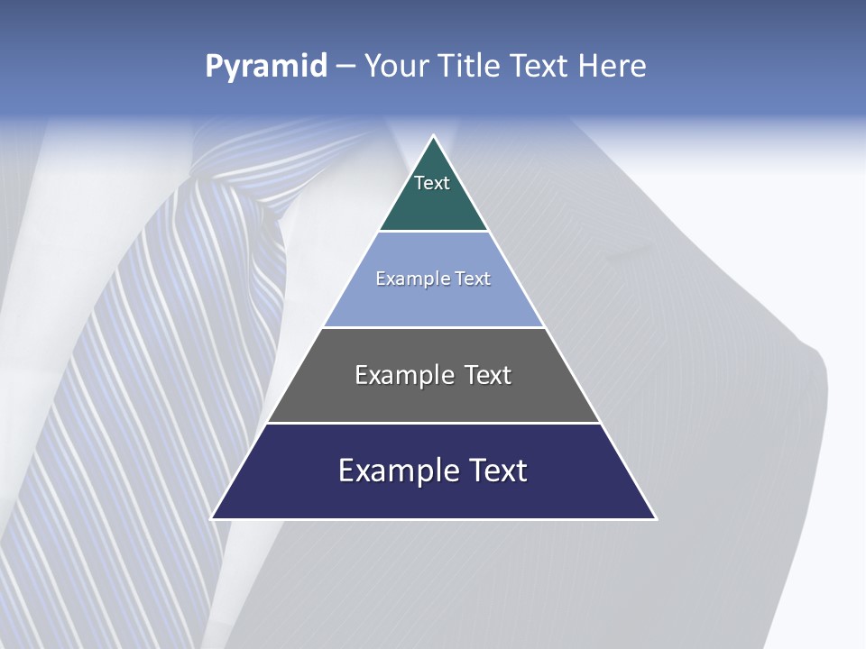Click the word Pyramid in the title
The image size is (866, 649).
click(x=266, y=66)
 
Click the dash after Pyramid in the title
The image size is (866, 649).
click(x=345, y=66)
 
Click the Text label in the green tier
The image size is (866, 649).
click(x=432, y=183)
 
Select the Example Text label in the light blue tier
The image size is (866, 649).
click(x=433, y=279)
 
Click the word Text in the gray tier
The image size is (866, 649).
click(x=487, y=375)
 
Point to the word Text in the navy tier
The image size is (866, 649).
click(x=495, y=471)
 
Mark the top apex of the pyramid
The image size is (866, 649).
click(x=434, y=136)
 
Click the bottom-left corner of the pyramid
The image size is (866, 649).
click(x=212, y=518)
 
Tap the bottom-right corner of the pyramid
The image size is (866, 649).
click(x=656, y=518)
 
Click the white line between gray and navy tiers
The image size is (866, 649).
click(x=434, y=423)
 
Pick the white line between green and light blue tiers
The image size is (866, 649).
click(x=434, y=232)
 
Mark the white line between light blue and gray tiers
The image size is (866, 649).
click(x=434, y=327)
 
